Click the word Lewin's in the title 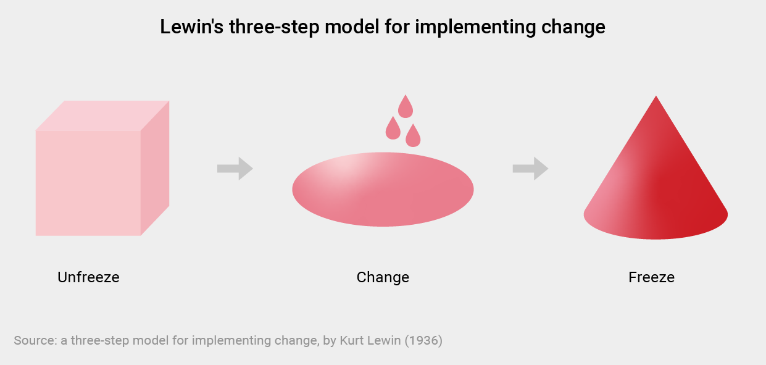point(192,27)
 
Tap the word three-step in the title point(274,27)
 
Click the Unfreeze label point(88,277)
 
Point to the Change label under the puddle point(383,278)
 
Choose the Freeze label point(651,277)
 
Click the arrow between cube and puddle point(235,169)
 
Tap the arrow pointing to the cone point(531,169)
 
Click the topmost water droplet point(406,107)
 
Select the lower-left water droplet point(393,128)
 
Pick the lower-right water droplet point(413,136)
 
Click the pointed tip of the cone point(656,96)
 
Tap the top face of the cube point(102,115)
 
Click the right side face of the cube point(155,168)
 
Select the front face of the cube point(88,183)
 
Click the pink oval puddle point(383,189)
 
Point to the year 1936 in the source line point(423,341)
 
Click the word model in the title point(352,27)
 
